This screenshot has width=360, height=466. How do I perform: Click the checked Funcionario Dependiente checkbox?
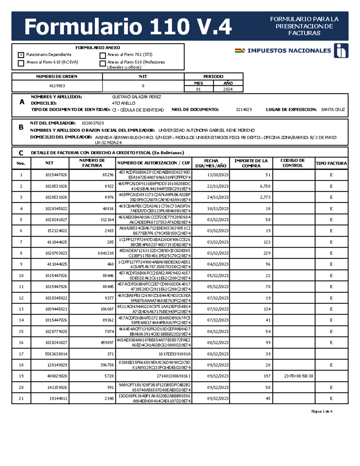[x=21, y=55]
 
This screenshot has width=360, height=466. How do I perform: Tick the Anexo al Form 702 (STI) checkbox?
[x=103, y=56]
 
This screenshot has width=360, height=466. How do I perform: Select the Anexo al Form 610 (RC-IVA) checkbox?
[x=21, y=63]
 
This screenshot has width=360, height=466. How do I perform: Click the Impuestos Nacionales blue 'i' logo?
[x=341, y=50]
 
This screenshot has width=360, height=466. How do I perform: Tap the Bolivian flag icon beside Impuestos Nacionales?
[x=240, y=51]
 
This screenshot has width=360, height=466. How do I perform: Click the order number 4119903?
[x=57, y=86]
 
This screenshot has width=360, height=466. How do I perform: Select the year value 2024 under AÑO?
[x=228, y=89]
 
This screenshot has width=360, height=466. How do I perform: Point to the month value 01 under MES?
[x=198, y=89]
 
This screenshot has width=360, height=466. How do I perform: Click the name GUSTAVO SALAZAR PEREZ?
[x=136, y=97]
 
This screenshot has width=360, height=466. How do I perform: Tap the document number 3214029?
[x=244, y=110]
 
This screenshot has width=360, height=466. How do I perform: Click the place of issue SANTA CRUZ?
[x=333, y=110]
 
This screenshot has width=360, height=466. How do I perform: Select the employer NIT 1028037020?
[x=93, y=123]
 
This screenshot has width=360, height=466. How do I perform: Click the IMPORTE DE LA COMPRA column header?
[x=251, y=163]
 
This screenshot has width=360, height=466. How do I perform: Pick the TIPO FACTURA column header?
[x=331, y=163]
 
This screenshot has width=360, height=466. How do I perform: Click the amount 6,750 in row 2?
[x=265, y=186]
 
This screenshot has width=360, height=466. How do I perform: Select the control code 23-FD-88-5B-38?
[x=298, y=376]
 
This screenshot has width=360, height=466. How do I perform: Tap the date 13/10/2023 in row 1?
[x=217, y=175]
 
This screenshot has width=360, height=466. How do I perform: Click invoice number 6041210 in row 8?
[x=106, y=253]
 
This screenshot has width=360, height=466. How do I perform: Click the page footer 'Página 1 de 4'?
[x=322, y=411]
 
